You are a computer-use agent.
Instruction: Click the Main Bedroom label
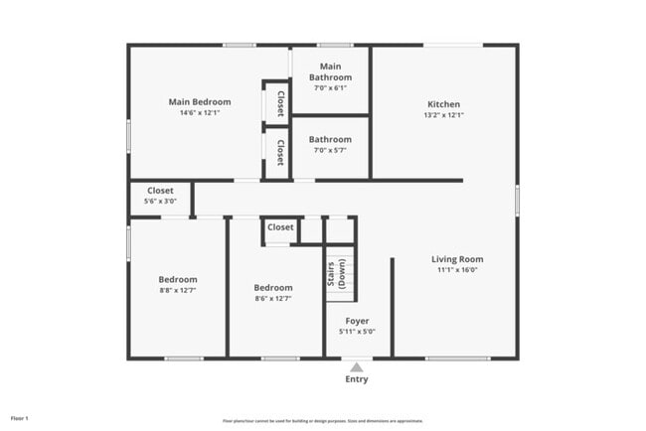[x=200, y=101]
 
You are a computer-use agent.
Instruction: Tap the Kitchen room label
[x=443, y=104]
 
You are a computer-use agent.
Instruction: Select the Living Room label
[x=457, y=259]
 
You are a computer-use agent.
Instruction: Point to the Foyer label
[x=357, y=321]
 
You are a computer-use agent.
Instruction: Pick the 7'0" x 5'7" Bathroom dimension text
[x=330, y=151]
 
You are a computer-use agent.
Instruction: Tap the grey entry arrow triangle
[x=356, y=366]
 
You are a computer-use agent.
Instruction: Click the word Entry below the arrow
[x=356, y=379]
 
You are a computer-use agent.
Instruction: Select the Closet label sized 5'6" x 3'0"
[x=160, y=191]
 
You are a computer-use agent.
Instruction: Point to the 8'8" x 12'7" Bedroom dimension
[x=179, y=291]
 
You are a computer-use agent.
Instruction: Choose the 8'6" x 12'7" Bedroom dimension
[x=273, y=299]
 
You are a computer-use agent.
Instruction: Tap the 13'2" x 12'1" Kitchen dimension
[x=443, y=115]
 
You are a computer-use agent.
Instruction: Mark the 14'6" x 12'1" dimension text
[x=200, y=112]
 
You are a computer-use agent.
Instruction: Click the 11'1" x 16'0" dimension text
[x=457, y=270]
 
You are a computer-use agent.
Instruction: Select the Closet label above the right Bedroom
[x=280, y=227]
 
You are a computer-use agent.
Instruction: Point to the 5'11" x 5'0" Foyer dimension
[x=357, y=332]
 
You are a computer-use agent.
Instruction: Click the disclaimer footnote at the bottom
[x=322, y=420]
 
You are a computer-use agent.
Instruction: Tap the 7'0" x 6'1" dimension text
[x=330, y=87]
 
